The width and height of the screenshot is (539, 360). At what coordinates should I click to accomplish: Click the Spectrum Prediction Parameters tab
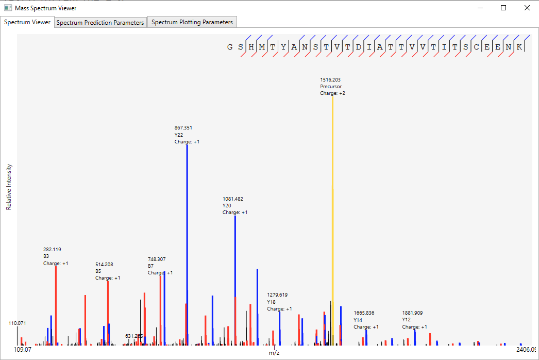click(100, 23)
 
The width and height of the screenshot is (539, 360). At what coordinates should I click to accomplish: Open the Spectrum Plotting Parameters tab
click(192, 22)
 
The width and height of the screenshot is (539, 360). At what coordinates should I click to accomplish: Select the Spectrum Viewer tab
click(27, 22)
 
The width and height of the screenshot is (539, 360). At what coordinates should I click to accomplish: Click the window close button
click(527, 8)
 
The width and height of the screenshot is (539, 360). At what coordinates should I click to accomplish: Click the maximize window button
click(503, 8)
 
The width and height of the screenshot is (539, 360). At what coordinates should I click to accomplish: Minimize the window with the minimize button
click(480, 8)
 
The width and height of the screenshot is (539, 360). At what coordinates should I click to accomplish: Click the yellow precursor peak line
click(332, 217)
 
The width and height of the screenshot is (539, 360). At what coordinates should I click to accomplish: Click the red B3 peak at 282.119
click(56, 304)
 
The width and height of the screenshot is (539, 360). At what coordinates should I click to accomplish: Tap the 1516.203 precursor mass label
click(330, 80)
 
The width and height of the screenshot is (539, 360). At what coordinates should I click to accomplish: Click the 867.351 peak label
click(183, 128)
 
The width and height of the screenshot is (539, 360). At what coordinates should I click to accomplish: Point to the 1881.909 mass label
click(412, 313)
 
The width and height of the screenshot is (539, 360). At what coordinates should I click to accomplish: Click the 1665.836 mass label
click(364, 313)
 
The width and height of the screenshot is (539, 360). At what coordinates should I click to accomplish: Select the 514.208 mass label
click(104, 265)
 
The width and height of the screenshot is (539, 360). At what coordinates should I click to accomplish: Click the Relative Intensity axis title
click(9, 187)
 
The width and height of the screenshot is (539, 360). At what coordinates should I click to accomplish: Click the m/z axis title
click(274, 353)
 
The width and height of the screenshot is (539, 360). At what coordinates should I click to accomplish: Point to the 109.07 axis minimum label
click(22, 350)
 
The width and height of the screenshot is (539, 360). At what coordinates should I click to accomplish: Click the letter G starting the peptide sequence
click(230, 47)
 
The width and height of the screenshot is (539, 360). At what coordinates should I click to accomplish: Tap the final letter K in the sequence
click(520, 47)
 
